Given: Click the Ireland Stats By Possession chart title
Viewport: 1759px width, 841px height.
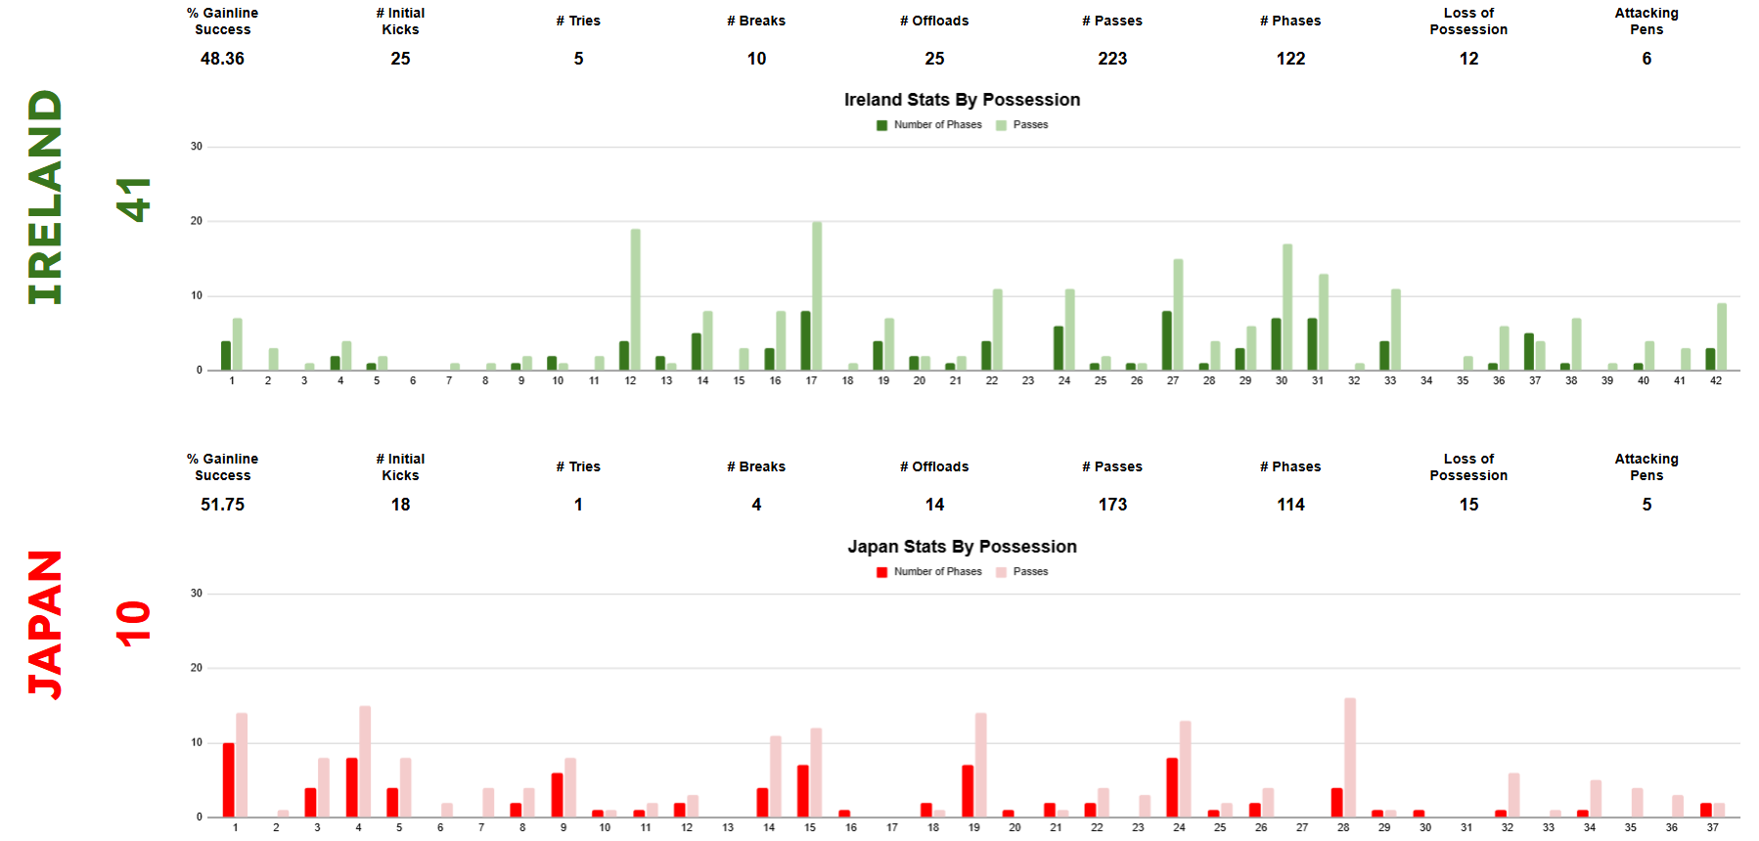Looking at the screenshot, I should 962,100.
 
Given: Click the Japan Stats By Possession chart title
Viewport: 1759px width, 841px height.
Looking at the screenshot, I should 962,547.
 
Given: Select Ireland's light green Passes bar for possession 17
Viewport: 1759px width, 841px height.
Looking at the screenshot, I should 817,295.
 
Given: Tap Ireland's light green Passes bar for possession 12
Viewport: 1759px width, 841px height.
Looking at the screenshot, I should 636,299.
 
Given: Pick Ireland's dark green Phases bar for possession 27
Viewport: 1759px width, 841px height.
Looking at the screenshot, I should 1167,340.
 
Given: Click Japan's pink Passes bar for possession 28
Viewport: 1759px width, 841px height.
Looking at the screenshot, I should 1350,757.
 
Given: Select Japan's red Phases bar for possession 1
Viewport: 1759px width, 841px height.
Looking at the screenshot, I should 229,779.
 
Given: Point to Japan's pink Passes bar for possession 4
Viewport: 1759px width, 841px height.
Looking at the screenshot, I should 365,761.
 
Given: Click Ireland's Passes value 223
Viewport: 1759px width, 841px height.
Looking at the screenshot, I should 1112,59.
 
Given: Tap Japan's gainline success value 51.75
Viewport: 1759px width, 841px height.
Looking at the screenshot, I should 222,505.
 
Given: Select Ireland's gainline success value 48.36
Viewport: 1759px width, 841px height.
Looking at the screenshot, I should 222,59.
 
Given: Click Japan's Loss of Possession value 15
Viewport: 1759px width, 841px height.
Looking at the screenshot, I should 1468,505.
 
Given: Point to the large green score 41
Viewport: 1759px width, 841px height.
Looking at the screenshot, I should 134,199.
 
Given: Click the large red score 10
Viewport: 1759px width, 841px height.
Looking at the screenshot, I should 134,623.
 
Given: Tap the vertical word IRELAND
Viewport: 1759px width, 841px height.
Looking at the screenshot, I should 46,197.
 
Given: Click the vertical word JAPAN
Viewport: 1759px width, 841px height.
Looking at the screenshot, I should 46,624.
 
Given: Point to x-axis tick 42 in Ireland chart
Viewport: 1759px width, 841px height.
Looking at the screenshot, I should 1716,381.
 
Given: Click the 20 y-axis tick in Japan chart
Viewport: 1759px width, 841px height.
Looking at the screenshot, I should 197,668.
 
